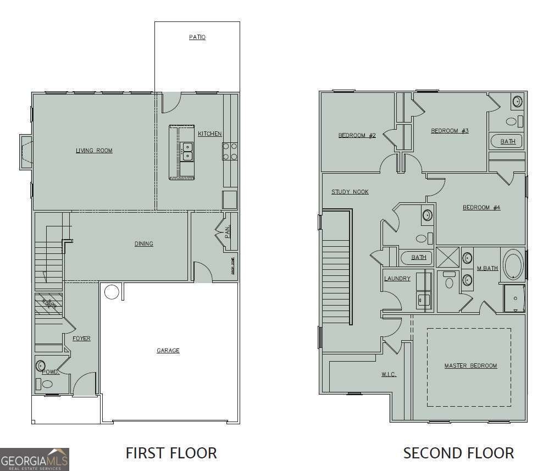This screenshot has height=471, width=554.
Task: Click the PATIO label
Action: pyautogui.click(x=197, y=37)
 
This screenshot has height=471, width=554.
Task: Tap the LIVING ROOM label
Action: pyautogui.click(x=94, y=151)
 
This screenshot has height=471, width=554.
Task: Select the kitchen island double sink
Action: pyautogui.click(x=187, y=151)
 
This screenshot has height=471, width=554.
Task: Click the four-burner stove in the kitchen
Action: pyautogui.click(x=230, y=151)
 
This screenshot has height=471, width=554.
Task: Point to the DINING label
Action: pyautogui.click(x=144, y=243)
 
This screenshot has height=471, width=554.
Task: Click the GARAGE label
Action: pyautogui.click(x=168, y=351)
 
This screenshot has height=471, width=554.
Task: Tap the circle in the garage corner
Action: pyautogui.click(x=112, y=292)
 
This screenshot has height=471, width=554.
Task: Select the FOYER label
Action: pyautogui.click(x=81, y=339)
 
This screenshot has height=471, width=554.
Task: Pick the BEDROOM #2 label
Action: pyautogui.click(x=357, y=135)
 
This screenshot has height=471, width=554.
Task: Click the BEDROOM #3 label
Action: pyautogui.click(x=450, y=131)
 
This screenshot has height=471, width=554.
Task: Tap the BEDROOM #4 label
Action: pyautogui.click(x=481, y=207)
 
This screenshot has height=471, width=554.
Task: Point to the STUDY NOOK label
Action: pyautogui.click(x=350, y=192)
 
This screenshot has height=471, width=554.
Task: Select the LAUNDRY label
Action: pyautogui.click(x=397, y=279)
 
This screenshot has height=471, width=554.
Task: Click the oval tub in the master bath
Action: pyautogui.click(x=513, y=265)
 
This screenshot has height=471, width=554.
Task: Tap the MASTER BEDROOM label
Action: pyautogui.click(x=470, y=365)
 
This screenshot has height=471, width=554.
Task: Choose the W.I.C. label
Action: pyautogui.click(x=389, y=375)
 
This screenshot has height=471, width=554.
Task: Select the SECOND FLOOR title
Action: pyautogui.click(x=458, y=453)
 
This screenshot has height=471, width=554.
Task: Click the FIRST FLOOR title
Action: pyautogui.click(x=171, y=453)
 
